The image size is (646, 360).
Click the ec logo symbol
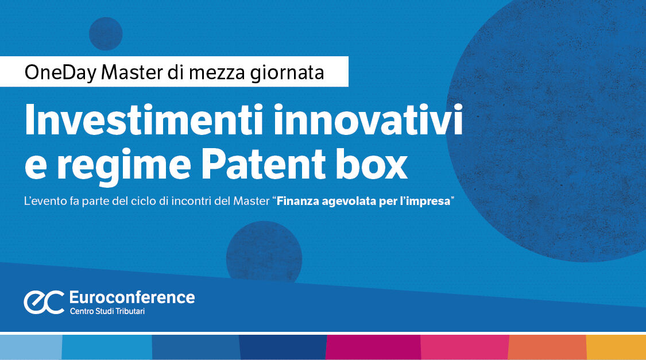[x=44, y=301]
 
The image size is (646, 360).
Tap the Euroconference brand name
[x=131, y=297]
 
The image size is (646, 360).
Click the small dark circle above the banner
[x=106, y=33]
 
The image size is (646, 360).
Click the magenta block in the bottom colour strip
[x=373, y=347]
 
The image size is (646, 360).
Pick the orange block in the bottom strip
[x=547, y=347]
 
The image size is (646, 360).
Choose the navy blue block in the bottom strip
[x=283, y=347]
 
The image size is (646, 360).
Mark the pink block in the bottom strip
[x=465, y=347]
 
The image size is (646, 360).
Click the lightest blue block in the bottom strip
[x=30, y=347]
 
